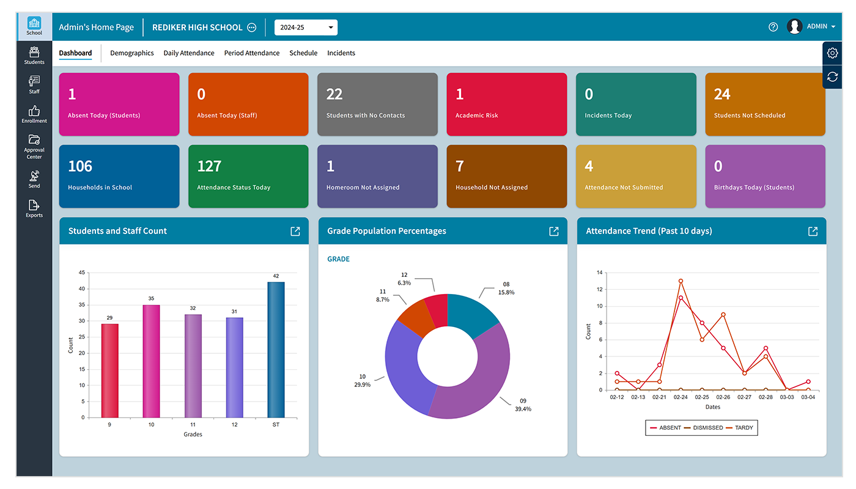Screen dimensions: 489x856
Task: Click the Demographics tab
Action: [131, 53]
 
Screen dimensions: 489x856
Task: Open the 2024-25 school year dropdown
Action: [306, 28]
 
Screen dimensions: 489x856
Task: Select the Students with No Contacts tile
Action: [377, 104]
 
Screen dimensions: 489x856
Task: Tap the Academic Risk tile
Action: [506, 104]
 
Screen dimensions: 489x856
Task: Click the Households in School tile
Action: [119, 176]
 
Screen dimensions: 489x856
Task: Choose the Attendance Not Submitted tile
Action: [636, 176]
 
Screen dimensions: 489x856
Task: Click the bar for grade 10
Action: [151, 361]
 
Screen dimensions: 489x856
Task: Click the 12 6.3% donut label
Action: [404, 279]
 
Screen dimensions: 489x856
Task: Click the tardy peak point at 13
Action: [681, 281]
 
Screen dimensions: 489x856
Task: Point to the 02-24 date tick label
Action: [681, 397]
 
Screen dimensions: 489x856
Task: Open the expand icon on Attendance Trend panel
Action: [813, 231]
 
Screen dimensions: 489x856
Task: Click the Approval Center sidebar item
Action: [34, 146]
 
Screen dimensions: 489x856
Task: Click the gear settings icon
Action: [832, 53]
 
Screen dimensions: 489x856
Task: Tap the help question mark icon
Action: [773, 27]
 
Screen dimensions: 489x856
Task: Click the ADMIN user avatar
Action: [794, 26]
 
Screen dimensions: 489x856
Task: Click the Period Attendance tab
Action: [251, 53]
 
